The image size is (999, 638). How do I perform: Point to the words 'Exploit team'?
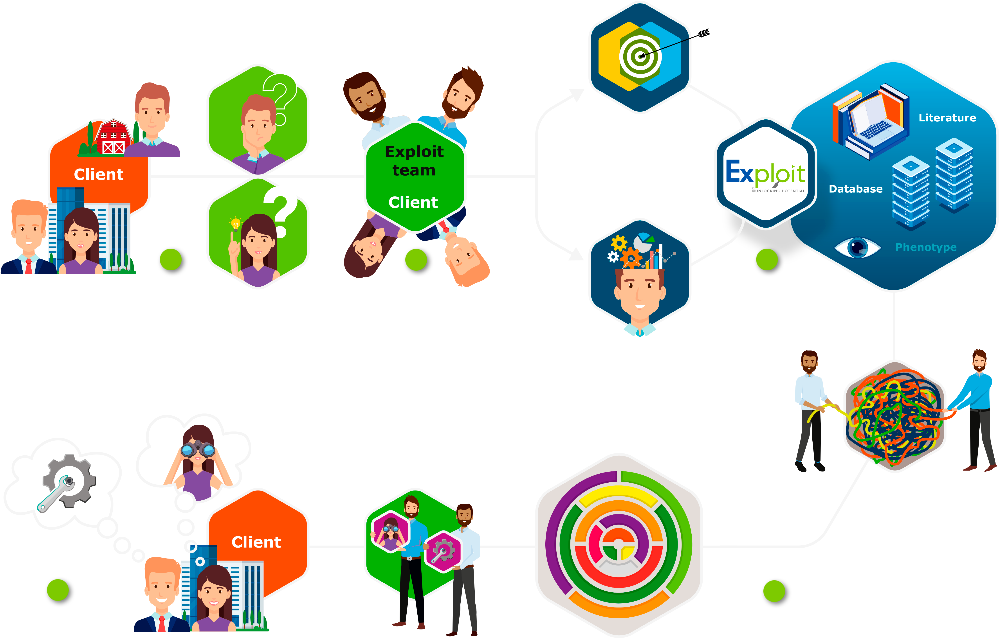pos(414,161)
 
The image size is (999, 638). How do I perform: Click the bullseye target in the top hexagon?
pos(640,56)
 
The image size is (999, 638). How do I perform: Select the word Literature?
pos(947,118)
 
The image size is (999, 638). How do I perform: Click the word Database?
pos(855,189)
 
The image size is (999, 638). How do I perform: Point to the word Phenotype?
pos(926,247)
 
